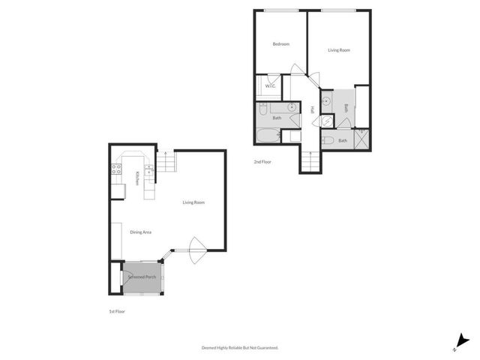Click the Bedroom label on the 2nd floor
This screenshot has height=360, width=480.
(280, 44)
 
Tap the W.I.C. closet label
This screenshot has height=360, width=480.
(271, 85)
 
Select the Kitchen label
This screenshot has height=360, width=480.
(137, 178)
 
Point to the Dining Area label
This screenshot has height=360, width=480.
(141, 232)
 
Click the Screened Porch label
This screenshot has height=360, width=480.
(142, 277)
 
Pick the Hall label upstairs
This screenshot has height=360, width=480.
(312, 110)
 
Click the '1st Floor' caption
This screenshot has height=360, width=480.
(117, 310)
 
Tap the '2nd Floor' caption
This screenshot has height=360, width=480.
(262, 161)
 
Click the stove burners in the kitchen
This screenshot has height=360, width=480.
(117, 169)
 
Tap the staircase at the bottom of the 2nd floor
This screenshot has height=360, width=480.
(309, 160)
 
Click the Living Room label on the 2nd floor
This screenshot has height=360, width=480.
(339, 50)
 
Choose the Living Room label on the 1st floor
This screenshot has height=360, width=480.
(193, 202)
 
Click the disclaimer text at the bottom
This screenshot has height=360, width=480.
(240, 347)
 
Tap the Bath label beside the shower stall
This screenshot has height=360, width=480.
(343, 140)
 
